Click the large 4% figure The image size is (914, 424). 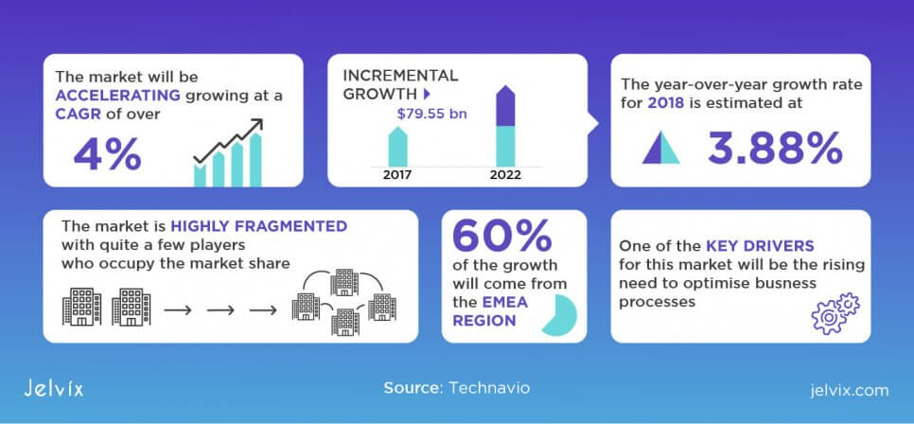(107, 154)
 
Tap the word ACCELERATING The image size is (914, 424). (117, 96)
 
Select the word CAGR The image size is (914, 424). (79, 115)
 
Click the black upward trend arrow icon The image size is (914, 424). (228, 141)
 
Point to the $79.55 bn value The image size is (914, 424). (432, 114)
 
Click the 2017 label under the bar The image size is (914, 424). (397, 175)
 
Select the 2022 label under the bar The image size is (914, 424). (505, 175)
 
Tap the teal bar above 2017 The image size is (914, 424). (397, 147)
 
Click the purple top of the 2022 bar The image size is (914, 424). (505, 106)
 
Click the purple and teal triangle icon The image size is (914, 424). (661, 148)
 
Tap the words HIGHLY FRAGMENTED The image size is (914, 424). (259, 225)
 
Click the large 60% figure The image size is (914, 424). (501, 237)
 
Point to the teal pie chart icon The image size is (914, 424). (559, 315)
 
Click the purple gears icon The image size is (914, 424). (835, 313)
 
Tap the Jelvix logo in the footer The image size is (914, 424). (54, 389)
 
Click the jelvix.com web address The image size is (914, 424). (850, 390)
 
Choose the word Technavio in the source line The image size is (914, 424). (489, 388)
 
